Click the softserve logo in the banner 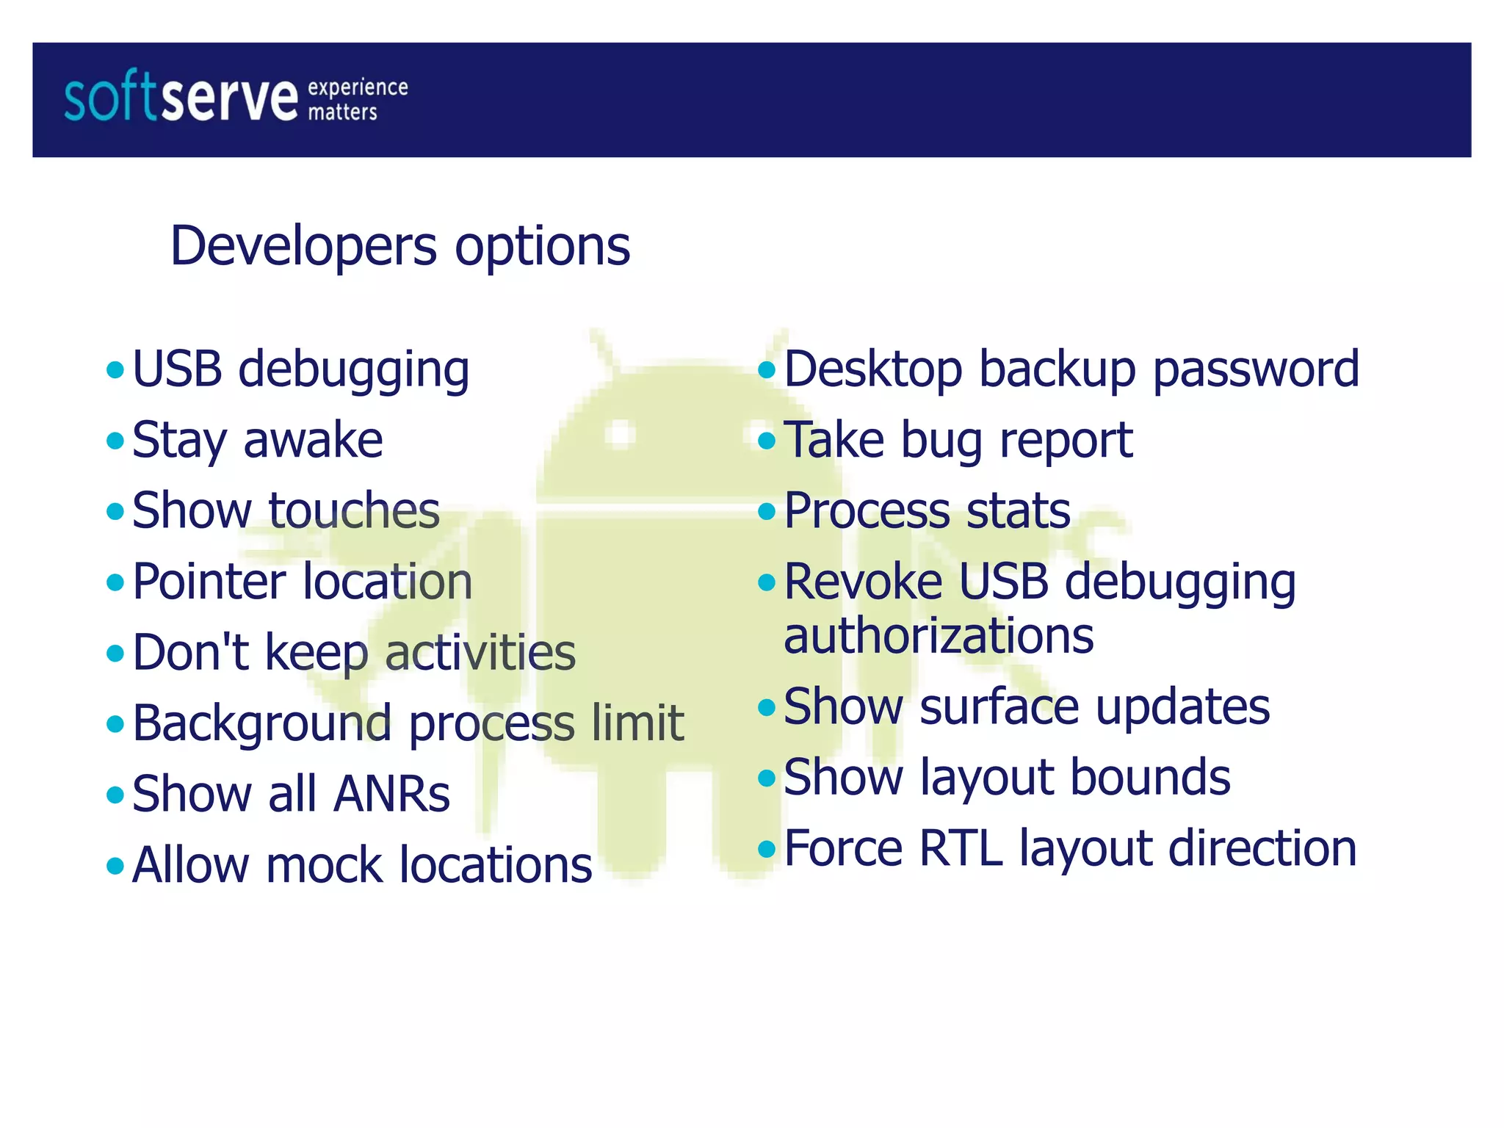(x=181, y=97)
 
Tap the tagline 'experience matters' (x=357, y=100)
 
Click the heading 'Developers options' (x=400, y=245)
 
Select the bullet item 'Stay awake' (x=257, y=440)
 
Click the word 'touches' (x=354, y=510)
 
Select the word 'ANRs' (x=391, y=794)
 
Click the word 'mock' (x=325, y=864)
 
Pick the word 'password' (x=1256, y=369)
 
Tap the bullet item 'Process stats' (x=927, y=510)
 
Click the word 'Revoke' (x=864, y=582)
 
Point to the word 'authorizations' (x=939, y=635)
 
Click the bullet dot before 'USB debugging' (x=115, y=369)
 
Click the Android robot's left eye (x=621, y=433)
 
